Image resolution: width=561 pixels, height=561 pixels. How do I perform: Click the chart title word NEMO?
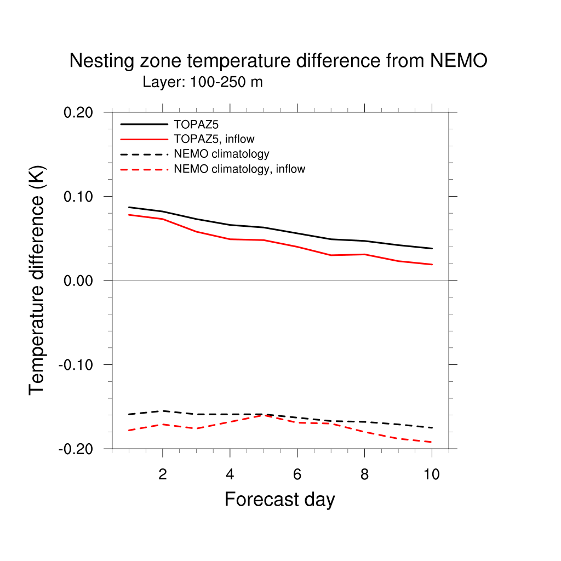(x=459, y=61)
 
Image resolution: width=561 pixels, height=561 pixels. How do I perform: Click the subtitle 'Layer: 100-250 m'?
(x=203, y=83)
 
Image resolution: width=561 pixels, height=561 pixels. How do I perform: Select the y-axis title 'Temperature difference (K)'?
(x=37, y=280)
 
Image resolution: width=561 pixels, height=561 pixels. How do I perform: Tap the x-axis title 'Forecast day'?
(x=279, y=500)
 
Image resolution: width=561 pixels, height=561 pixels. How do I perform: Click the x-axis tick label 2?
(x=162, y=474)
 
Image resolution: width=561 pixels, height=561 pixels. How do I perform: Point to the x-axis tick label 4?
(x=230, y=474)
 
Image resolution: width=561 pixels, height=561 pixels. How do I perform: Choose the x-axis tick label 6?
(x=297, y=474)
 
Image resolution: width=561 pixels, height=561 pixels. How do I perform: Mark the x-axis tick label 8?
(x=364, y=474)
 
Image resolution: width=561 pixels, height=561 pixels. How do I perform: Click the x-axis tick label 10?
(x=432, y=474)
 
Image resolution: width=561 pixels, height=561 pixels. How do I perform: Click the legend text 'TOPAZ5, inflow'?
(x=214, y=139)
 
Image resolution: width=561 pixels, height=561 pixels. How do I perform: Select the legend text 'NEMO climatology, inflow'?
(x=239, y=169)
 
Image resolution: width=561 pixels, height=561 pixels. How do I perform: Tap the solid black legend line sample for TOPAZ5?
(x=144, y=124)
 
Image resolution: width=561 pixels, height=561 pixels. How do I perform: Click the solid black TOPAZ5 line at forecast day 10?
(x=432, y=249)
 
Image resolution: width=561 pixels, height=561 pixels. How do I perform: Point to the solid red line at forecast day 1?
(x=129, y=215)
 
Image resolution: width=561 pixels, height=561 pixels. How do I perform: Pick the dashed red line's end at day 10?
(x=432, y=442)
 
